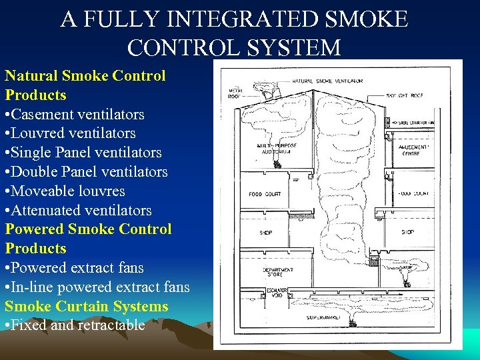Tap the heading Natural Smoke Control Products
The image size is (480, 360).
pyautogui.click(x=85, y=85)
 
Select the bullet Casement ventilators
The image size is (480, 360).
pyautogui.click(x=75, y=114)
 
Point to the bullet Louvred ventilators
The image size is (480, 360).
pyautogui.click(x=71, y=133)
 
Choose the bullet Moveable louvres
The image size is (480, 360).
pyautogui.click(x=65, y=191)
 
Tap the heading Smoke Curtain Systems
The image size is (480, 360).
pyautogui.click(x=87, y=307)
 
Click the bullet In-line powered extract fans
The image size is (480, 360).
pyautogui.click(x=97, y=287)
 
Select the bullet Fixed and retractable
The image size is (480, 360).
pyautogui.click(x=75, y=325)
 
